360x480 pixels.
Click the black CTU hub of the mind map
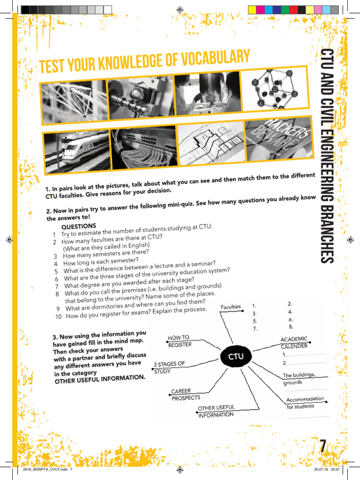pos(236,356)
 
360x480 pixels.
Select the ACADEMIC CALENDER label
pos(294,343)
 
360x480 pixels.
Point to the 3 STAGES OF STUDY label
pos(169,367)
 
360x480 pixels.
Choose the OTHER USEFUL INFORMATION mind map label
pos(216,412)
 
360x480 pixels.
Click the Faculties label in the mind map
pos(231,307)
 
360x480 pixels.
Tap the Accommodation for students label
pos(305,402)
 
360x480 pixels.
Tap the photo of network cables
pos(143,146)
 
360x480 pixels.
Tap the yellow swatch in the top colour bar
pos(252,9)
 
